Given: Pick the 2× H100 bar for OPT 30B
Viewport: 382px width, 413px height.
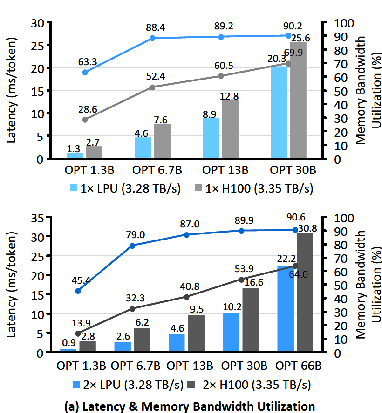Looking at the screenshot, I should point(251,320).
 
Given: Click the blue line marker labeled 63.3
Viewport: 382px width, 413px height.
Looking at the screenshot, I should point(85,72).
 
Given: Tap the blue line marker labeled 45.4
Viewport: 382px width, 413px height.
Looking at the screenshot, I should point(78,291).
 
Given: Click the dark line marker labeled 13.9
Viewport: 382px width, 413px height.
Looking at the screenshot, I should point(78,333).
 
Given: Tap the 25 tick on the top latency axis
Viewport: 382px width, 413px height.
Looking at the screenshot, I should point(40,46).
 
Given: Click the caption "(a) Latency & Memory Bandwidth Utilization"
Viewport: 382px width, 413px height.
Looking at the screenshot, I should point(191,405).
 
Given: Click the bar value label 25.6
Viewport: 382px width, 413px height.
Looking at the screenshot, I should point(300,39).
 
